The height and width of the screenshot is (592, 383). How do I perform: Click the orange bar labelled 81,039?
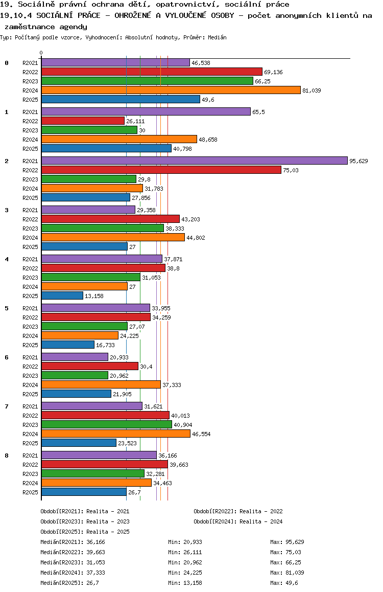click(x=171, y=90)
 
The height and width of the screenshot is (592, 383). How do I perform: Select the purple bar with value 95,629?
click(x=194, y=161)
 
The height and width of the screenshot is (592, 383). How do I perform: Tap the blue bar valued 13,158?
click(x=62, y=295)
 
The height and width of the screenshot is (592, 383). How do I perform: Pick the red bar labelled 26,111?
click(x=83, y=121)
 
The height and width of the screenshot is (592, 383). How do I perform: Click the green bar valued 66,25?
click(x=147, y=81)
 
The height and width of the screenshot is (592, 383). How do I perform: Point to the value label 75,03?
click(x=291, y=170)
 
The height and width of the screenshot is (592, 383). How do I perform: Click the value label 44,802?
click(x=196, y=238)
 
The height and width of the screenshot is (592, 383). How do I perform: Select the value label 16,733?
click(x=105, y=345)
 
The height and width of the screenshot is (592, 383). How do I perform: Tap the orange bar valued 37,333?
click(x=101, y=384)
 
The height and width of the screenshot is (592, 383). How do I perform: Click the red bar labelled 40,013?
click(x=105, y=415)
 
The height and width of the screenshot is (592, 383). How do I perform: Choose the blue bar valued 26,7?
click(x=84, y=492)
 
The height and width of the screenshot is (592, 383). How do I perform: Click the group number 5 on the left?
click(x=7, y=308)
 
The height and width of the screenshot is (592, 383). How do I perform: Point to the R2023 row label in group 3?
click(x=30, y=229)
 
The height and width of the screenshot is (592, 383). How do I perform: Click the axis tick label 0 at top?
click(x=41, y=53)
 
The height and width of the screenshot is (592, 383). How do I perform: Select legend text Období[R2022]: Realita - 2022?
click(x=238, y=511)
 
